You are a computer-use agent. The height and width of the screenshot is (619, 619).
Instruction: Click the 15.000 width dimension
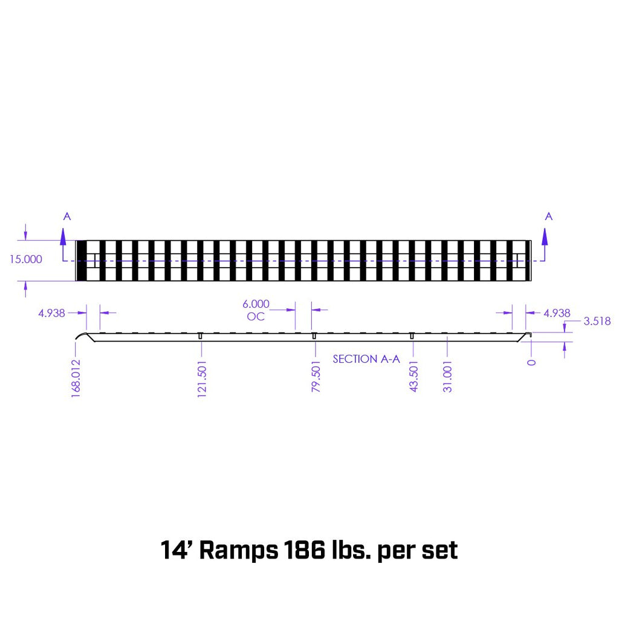tap(25, 259)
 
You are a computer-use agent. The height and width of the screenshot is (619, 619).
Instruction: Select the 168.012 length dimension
tap(76, 376)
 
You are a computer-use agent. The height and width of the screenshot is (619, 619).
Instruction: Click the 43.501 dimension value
tap(414, 378)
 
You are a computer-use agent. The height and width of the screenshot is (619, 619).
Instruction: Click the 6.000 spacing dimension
tap(256, 304)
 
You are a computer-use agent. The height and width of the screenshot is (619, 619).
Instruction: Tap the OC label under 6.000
tap(256, 317)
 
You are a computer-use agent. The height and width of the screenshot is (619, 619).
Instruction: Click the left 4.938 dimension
tap(51, 313)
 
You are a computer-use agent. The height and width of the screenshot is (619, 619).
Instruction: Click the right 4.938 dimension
tap(557, 313)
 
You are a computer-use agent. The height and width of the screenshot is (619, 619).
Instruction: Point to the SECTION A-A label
tap(366, 359)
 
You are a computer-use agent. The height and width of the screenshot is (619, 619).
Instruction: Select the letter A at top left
tap(66, 216)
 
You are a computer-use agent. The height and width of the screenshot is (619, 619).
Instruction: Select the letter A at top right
tap(549, 216)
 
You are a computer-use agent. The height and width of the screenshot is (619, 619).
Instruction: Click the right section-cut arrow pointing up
tap(545, 236)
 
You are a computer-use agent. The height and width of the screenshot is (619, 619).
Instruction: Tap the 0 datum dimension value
tap(531, 362)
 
